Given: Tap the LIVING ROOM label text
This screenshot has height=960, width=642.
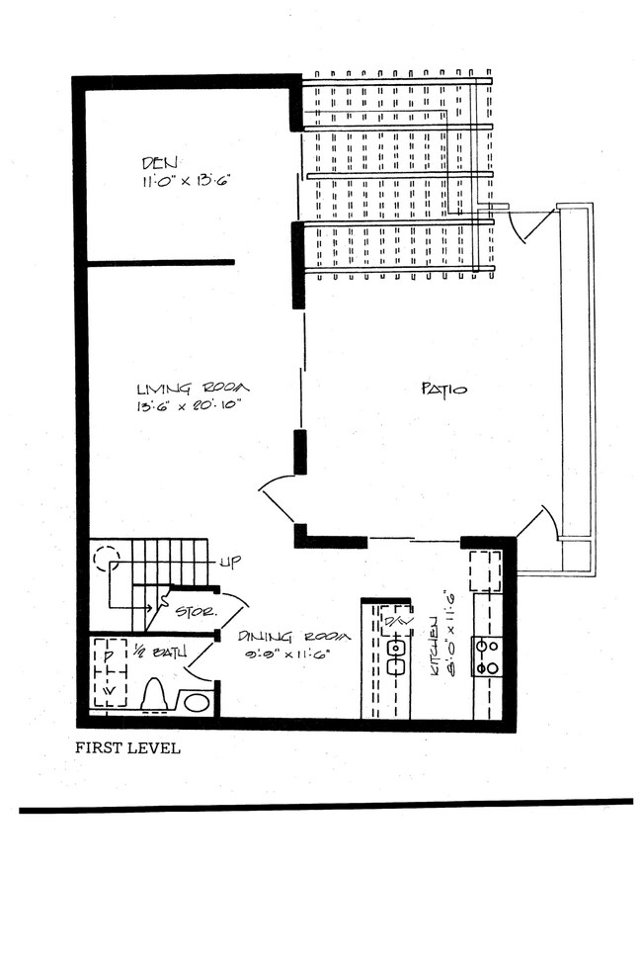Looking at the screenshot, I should point(192,388).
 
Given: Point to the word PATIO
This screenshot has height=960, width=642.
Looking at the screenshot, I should point(444,390).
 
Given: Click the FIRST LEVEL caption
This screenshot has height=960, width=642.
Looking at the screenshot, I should point(128,748).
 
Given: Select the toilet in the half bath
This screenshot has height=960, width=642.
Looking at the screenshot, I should point(155,695).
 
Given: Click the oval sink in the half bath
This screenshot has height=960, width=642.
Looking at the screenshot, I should point(198,702).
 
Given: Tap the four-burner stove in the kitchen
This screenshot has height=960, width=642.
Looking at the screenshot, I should point(487,656).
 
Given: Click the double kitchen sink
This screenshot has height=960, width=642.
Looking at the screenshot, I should point(398,656).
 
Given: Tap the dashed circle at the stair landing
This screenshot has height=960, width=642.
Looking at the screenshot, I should point(105,560).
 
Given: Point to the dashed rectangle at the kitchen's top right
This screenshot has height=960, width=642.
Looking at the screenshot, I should point(485,571).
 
